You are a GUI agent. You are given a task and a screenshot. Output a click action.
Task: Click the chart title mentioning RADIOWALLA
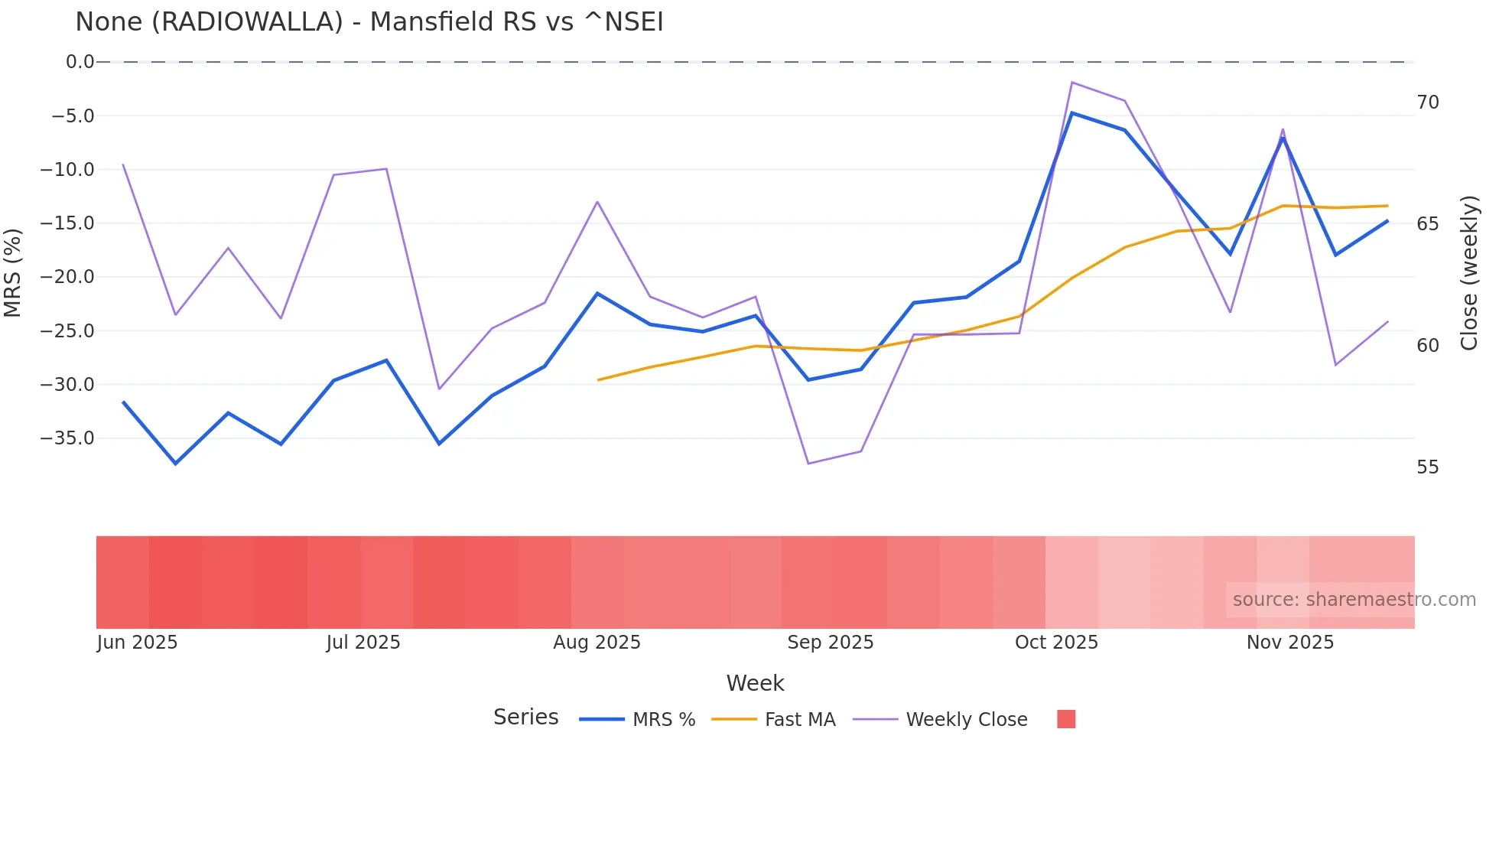click(369, 22)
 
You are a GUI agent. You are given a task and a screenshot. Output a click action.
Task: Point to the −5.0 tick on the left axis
click(73, 116)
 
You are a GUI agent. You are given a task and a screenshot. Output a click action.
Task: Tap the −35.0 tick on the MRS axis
click(67, 438)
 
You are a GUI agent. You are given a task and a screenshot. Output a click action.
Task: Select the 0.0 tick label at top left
click(80, 62)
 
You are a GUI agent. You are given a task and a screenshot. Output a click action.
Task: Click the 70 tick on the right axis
click(1427, 103)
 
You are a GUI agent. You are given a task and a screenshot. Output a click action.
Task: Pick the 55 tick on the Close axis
click(1427, 467)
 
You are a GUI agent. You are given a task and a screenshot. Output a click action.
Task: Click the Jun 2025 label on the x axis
click(137, 643)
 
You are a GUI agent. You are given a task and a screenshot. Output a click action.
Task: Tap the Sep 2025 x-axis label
click(830, 643)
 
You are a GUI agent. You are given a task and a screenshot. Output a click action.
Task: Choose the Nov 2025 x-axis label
click(1289, 643)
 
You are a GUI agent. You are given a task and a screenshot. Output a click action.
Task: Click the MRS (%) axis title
click(13, 272)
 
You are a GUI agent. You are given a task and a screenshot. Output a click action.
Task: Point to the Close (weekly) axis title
click(1469, 272)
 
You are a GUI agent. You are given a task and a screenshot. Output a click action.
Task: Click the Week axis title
click(755, 683)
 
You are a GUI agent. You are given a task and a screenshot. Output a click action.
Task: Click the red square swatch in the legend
click(1065, 719)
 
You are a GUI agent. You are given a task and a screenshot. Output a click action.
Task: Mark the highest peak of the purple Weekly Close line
click(1072, 83)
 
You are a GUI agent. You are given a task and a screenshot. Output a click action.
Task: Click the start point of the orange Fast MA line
click(598, 379)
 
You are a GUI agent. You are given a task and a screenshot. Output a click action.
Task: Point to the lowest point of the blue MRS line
click(175, 464)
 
